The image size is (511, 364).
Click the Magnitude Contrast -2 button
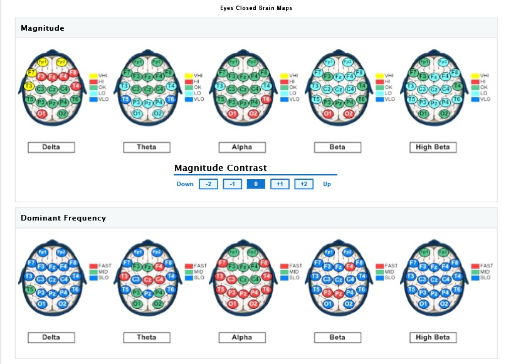pos(208,184)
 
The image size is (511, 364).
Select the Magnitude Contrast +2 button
pos(303,184)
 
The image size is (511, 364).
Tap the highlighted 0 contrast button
pos(256,184)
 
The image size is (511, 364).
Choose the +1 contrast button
pos(279,184)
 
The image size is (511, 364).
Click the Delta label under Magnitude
pos(51,147)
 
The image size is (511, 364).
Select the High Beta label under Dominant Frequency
pos(433,338)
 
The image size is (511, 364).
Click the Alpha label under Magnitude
pos(242,147)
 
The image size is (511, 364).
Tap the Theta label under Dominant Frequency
pos(147,338)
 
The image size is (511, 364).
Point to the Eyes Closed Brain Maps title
pos(256,8)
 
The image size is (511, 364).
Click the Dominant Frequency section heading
pos(63,218)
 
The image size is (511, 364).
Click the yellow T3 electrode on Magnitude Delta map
pos(29,86)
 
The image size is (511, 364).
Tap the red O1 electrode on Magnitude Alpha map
pos(232,113)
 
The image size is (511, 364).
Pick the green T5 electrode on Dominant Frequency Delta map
pos(29,289)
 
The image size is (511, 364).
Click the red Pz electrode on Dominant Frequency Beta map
pos(338,293)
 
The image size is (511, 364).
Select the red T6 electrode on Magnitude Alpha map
pos(266,99)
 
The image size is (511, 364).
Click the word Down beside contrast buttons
pos(185,184)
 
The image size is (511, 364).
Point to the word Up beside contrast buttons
pos(327,184)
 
